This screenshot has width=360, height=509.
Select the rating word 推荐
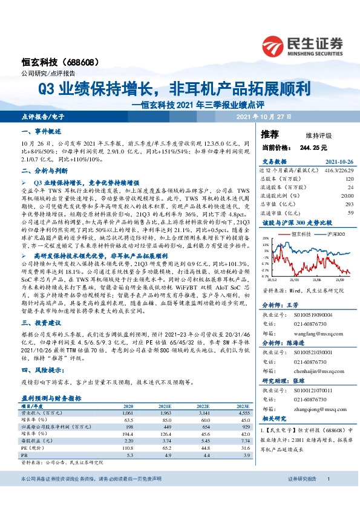coord(269,133)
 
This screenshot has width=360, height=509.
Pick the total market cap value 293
coord(349,204)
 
